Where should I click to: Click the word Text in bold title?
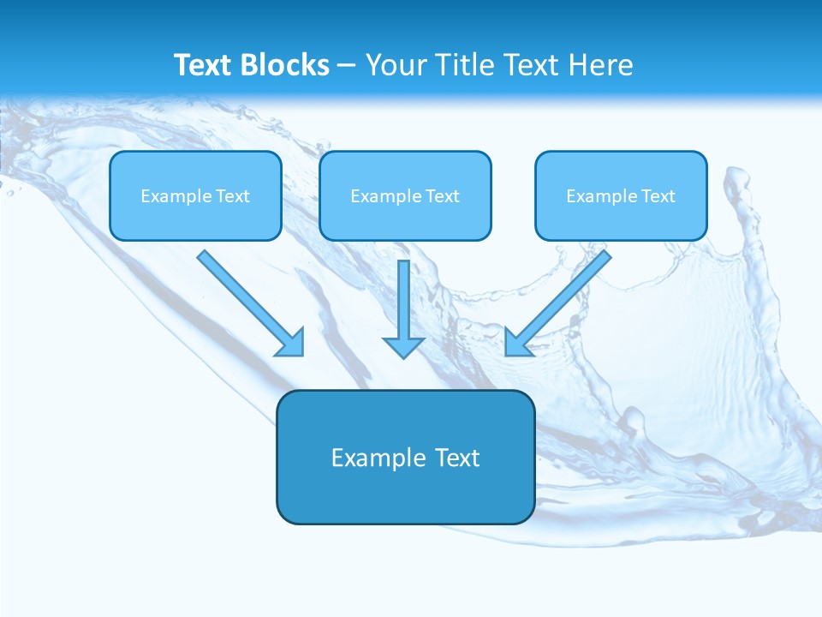[203, 65]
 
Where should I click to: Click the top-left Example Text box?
[195, 195]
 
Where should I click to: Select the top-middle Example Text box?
[405, 195]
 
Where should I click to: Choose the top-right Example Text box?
[621, 195]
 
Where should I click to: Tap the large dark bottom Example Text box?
[405, 457]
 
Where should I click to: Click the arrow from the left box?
[248, 301]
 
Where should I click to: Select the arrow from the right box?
[561, 301]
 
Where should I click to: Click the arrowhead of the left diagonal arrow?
[291, 343]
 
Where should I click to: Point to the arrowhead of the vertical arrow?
[403, 346]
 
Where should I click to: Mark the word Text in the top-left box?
[232, 196]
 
